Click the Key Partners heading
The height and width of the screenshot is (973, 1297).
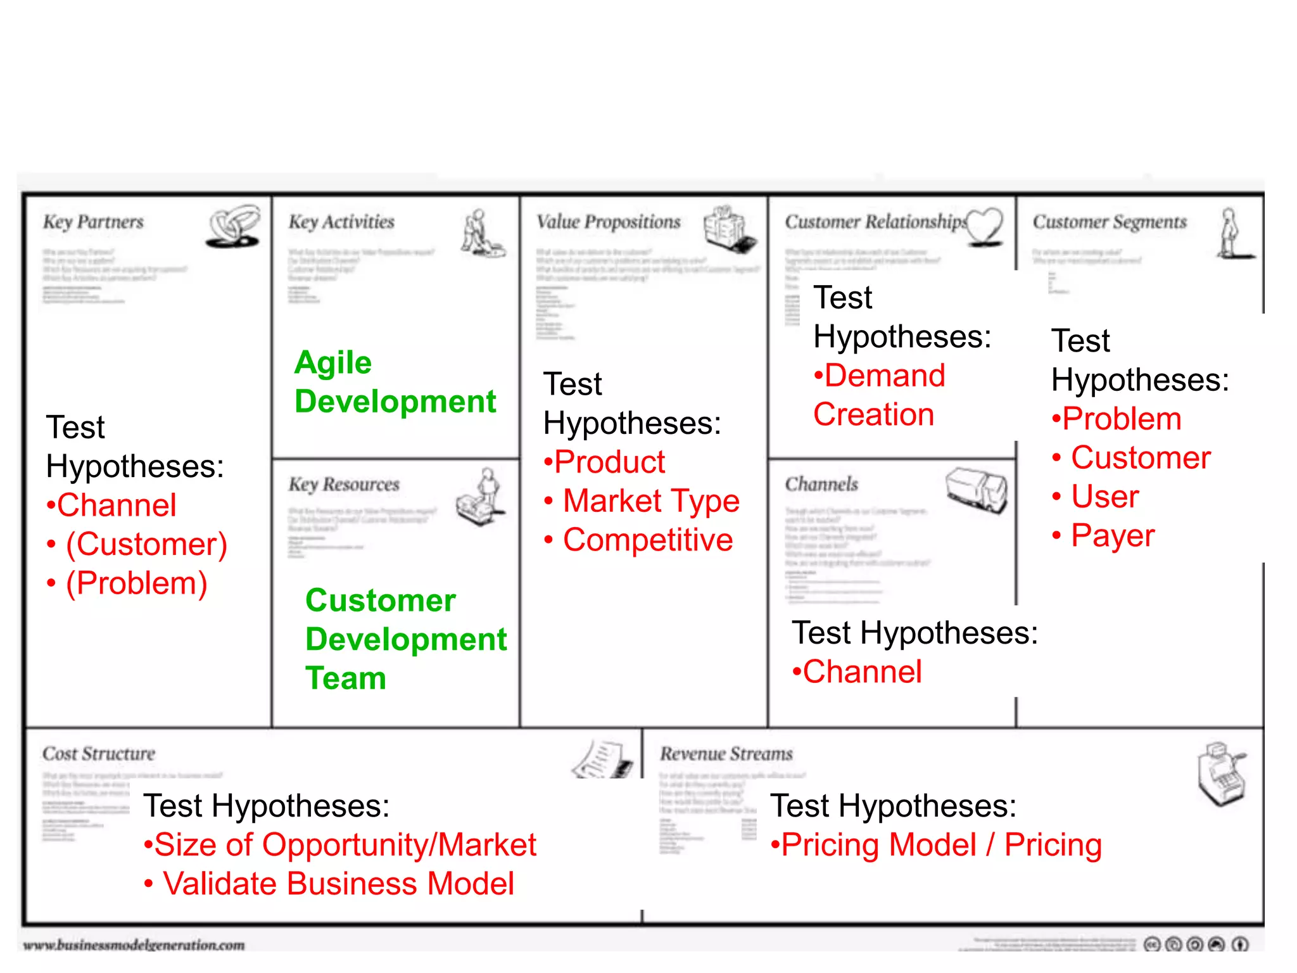coord(93,222)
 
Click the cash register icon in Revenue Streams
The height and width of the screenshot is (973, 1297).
coord(1222,773)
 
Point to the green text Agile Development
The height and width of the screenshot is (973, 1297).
coord(395,382)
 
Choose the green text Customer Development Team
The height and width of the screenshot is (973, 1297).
coord(405,639)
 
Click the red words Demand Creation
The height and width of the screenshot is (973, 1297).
coord(879,395)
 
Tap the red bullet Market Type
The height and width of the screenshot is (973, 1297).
coord(650,501)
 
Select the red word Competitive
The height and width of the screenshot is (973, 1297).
coord(647,540)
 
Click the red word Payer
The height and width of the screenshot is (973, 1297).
coord(1112,536)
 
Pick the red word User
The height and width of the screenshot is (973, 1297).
coord(1104,497)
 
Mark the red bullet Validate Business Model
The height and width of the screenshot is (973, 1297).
coord(338,884)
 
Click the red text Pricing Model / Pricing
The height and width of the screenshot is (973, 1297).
coord(941,845)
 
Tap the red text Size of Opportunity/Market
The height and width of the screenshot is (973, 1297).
coord(345,845)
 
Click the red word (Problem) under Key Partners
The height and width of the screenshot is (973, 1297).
coord(136,583)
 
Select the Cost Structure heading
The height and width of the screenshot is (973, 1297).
coord(99,754)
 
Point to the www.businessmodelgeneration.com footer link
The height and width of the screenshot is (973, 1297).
coord(134,945)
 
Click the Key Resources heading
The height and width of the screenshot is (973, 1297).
coord(344,485)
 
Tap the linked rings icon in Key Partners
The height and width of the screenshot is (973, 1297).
coord(233,226)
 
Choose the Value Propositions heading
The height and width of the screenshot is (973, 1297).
coord(608,222)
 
